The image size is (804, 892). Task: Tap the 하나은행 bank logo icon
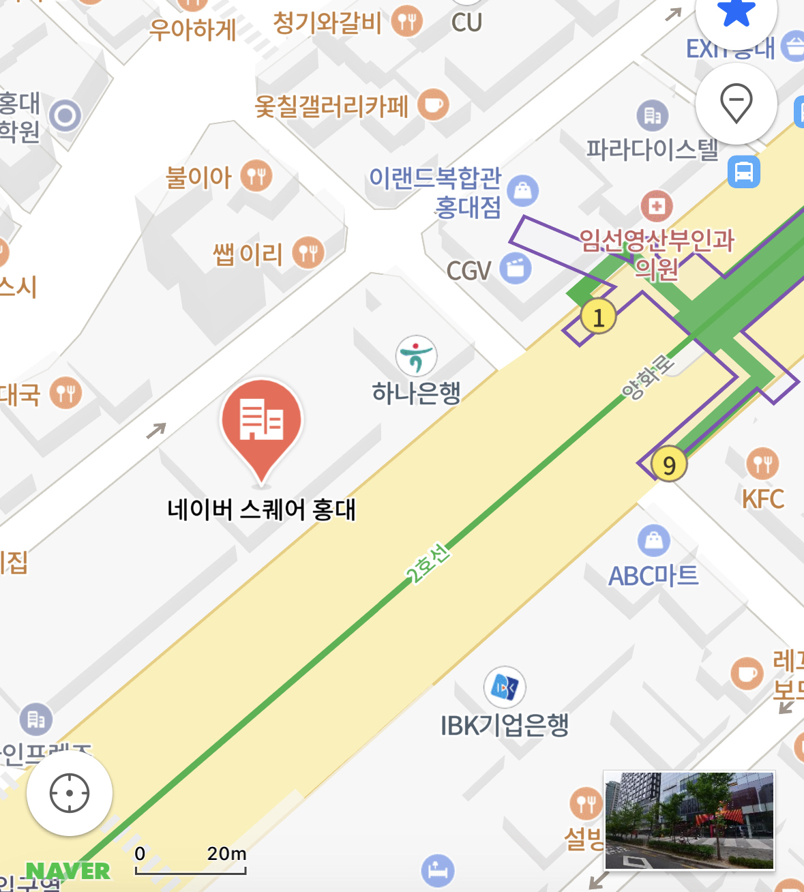[x=416, y=356]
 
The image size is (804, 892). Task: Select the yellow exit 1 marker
[x=598, y=317]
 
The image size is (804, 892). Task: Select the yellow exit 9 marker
[x=669, y=465]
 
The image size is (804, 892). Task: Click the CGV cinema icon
[x=516, y=268]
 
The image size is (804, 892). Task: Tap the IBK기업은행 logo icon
[x=505, y=687]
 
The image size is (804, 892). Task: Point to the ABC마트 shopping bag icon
[x=653, y=541]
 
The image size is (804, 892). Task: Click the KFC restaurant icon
[x=762, y=464]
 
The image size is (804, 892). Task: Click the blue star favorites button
[x=736, y=14]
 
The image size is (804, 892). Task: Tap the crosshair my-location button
[x=70, y=793]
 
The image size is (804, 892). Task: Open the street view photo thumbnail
[x=689, y=820]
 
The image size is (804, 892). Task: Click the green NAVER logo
[x=68, y=871]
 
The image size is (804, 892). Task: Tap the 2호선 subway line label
[x=428, y=564]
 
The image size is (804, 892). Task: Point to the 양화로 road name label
[x=646, y=377]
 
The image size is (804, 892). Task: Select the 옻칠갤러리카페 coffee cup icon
[x=433, y=106]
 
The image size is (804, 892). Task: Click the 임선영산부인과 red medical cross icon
[x=657, y=206]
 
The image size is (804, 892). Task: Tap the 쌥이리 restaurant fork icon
[x=308, y=253]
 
